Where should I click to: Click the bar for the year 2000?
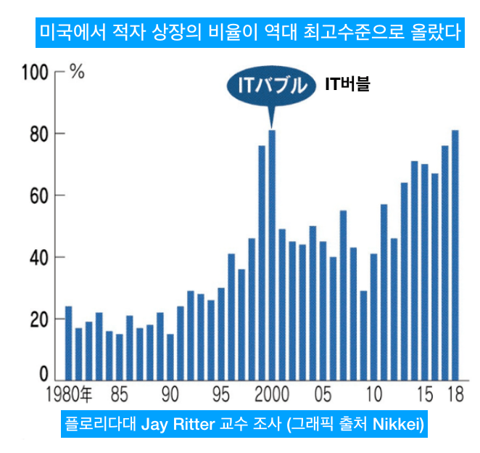click(x=272, y=254)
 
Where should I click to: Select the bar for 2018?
click(x=455, y=254)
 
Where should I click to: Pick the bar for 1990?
click(x=170, y=356)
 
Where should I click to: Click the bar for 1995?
click(x=221, y=334)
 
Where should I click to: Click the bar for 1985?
click(x=120, y=356)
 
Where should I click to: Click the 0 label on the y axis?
click(x=43, y=375)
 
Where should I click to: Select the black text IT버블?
click(x=347, y=85)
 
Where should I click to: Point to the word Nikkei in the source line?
click(x=396, y=424)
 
